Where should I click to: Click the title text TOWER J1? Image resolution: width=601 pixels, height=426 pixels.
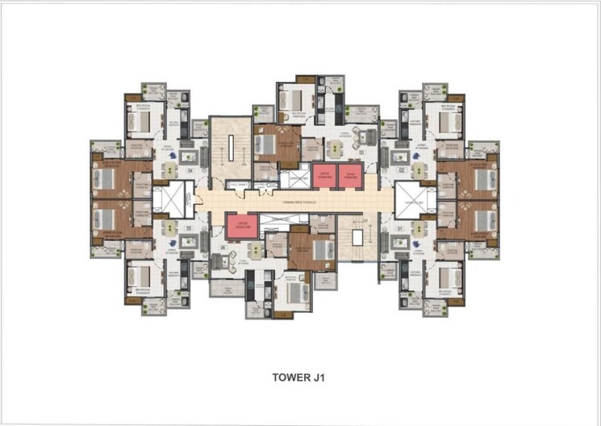point(301,376)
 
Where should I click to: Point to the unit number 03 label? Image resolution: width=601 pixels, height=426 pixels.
point(362,151)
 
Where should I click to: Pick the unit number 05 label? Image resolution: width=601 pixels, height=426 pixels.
point(190,229)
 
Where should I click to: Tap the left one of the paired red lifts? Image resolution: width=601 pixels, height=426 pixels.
point(323,175)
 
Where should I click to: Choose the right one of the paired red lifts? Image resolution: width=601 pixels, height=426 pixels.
point(349,175)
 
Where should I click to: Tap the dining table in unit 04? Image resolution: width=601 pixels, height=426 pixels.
point(170,170)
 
